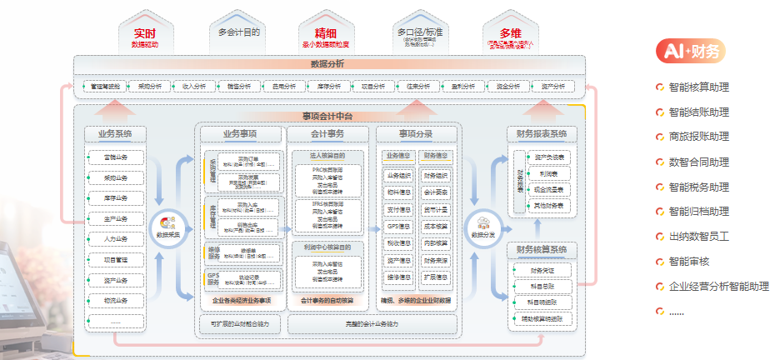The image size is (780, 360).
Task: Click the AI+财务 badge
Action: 691,52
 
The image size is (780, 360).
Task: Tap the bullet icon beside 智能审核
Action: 660,262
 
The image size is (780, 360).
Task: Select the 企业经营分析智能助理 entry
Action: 718,286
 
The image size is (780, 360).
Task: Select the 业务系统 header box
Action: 116,133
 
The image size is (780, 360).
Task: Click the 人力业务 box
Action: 116,239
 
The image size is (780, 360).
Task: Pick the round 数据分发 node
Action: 482,226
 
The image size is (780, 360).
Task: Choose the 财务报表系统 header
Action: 542,133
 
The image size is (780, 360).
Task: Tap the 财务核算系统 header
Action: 542,249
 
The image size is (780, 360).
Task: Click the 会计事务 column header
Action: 327,133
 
